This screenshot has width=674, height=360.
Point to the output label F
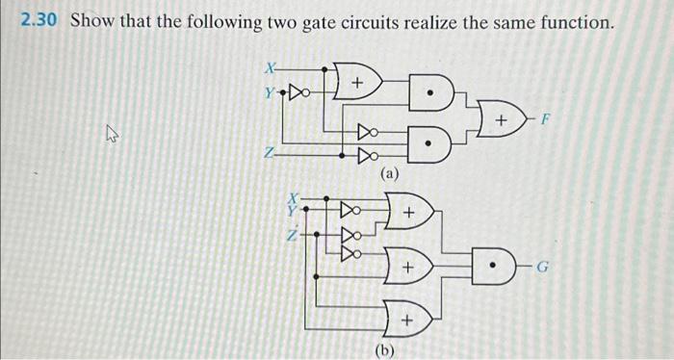point(546,122)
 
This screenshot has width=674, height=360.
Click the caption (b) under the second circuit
point(386,349)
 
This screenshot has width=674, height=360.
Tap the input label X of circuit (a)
point(271,67)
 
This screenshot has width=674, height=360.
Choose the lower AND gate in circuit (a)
point(432,146)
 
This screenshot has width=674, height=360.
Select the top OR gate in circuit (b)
point(406,210)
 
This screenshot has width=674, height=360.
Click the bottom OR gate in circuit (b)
point(406,317)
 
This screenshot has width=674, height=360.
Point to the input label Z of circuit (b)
point(286,234)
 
